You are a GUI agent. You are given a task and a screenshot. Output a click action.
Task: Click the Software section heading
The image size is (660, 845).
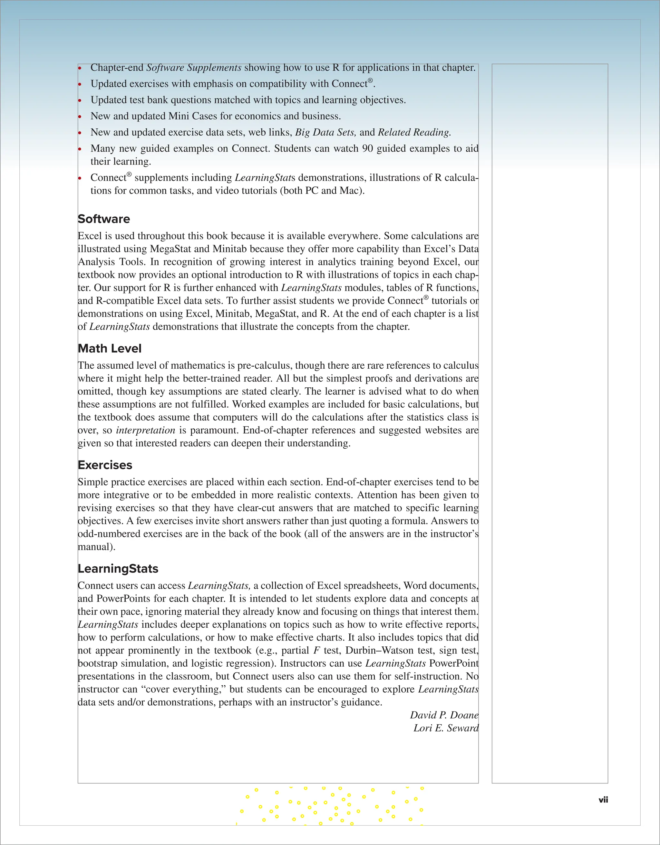pos(104,219)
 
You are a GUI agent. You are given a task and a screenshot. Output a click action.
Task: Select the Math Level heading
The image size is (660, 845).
pos(110,349)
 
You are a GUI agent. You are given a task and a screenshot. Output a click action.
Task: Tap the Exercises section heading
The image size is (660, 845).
pos(105,465)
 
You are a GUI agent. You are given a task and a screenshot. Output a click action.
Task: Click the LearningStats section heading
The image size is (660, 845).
pos(118,569)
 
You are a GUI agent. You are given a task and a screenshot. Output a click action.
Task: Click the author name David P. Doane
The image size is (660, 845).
pos(444,715)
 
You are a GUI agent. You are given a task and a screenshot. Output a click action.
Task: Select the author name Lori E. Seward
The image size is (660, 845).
pos(446,728)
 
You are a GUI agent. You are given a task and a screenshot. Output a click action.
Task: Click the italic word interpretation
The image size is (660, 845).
pos(145,430)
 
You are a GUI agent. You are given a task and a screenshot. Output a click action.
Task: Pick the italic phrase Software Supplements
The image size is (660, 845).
pos(194,68)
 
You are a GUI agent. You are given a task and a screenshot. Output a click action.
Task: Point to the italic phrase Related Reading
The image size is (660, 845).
pos(414,132)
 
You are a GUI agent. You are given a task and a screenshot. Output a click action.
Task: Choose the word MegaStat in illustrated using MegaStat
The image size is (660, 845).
pos(171,249)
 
